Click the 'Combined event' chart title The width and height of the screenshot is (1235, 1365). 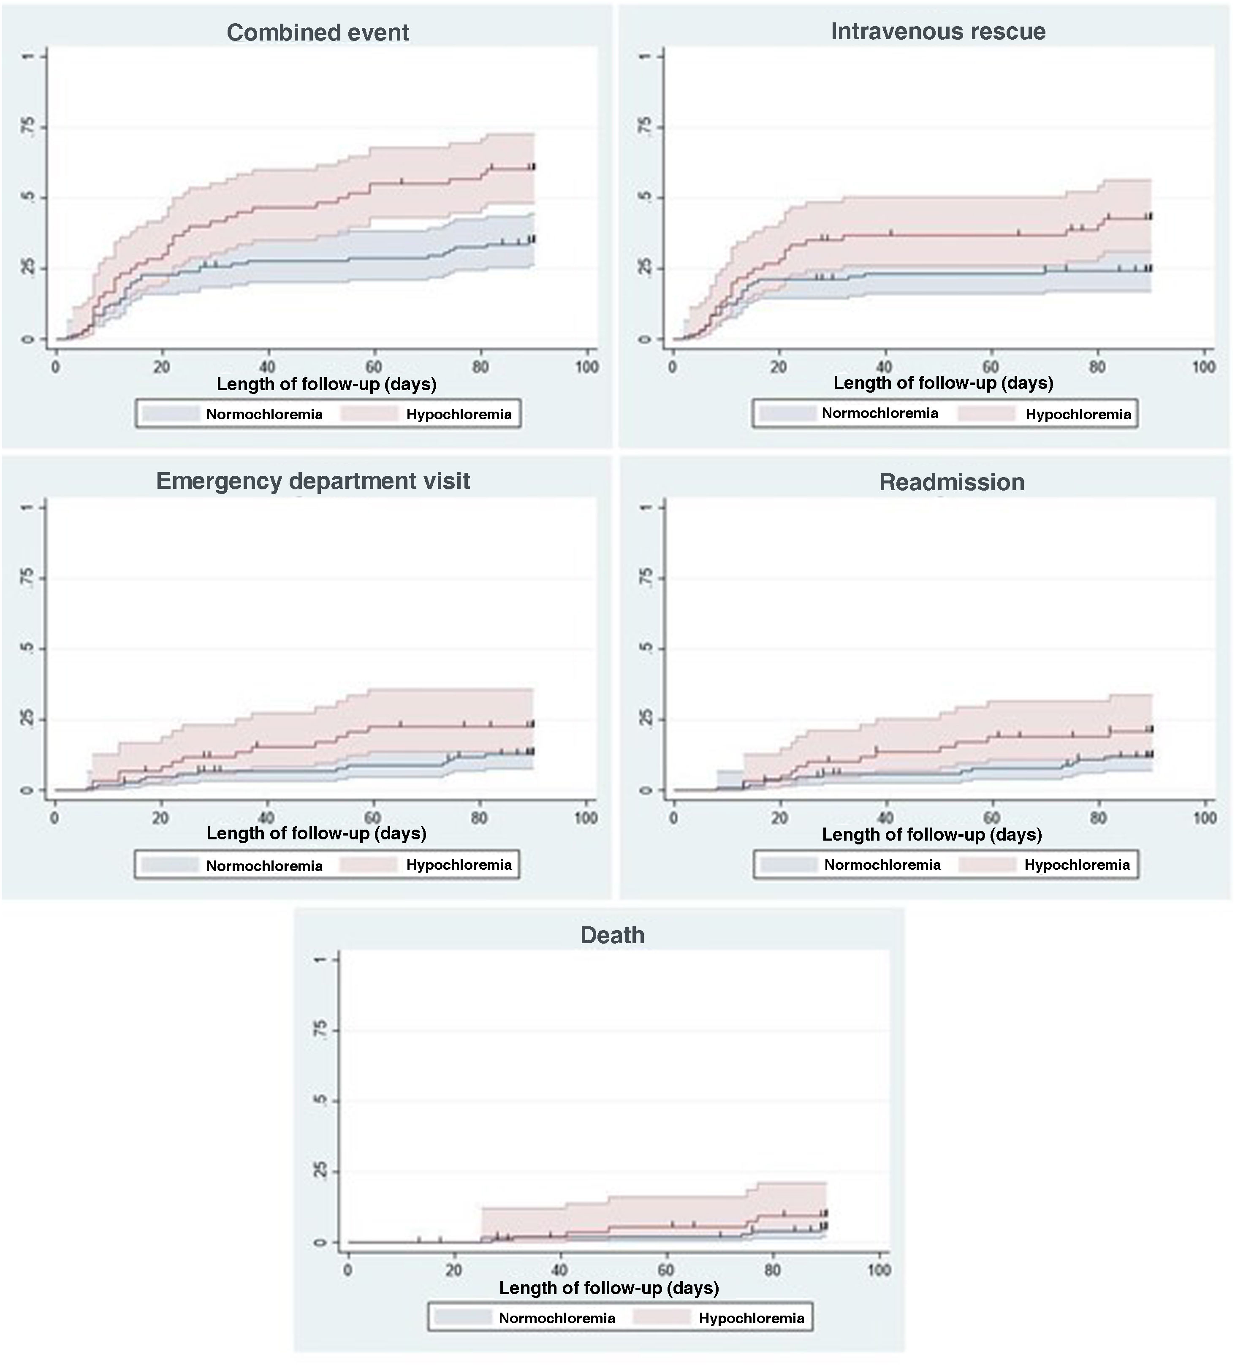click(318, 33)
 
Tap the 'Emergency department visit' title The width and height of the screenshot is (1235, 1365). click(313, 481)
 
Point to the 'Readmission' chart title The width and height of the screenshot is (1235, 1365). click(951, 482)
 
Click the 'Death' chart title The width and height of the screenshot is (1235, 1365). click(612, 935)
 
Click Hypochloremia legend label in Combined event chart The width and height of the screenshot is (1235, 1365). click(459, 414)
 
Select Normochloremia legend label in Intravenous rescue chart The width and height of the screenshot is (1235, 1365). click(879, 413)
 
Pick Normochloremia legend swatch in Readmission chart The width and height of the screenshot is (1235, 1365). click(788, 865)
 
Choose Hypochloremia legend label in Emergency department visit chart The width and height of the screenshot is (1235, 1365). click(459, 865)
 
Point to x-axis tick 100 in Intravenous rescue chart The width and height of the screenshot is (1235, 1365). click(1203, 367)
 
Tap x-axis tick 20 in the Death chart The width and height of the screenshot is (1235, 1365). click(453, 1270)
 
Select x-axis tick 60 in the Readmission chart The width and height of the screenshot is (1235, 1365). click(992, 818)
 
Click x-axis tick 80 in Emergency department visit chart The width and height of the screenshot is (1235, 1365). click(479, 818)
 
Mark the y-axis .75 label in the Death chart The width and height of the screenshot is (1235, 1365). click(320, 1030)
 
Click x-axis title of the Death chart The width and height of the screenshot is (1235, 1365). click(609, 1288)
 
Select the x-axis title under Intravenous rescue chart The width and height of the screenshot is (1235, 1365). click(942, 383)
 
